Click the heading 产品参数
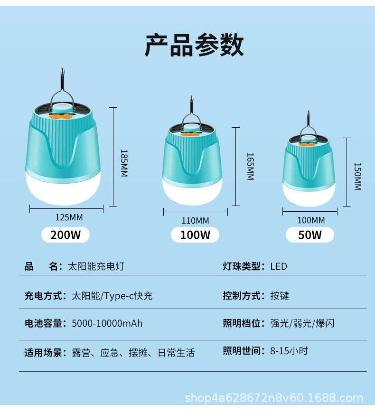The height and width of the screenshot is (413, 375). (x=194, y=45)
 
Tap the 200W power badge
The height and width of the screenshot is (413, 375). (x=66, y=235)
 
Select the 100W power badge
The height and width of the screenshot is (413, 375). (x=195, y=235)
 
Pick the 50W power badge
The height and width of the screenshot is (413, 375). (x=310, y=235)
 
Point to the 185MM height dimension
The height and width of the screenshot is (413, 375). (x=124, y=163)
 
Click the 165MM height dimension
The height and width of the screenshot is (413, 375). (x=250, y=167)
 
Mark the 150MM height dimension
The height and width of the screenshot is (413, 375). (x=357, y=177)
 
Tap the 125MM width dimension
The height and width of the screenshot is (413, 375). (x=69, y=217)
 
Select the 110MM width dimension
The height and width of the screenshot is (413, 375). (x=195, y=220)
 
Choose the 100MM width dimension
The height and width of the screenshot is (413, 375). (x=311, y=220)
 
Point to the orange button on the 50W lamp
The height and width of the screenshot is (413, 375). (x=307, y=144)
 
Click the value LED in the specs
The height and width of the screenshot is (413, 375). (x=279, y=266)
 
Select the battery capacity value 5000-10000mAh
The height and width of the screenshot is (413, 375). (x=107, y=323)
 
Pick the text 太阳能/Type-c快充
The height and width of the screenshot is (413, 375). (x=112, y=296)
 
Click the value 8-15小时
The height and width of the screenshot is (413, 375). (x=289, y=351)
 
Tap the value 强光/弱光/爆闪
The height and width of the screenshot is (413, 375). (x=302, y=323)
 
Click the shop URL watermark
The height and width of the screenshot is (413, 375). (x=274, y=398)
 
